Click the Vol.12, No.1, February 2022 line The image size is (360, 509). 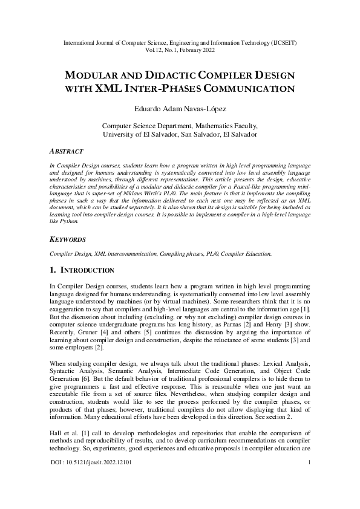[180, 51]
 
